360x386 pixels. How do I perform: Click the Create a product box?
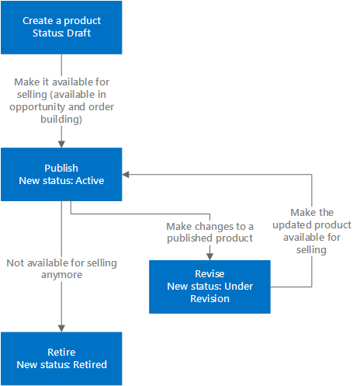tap(61, 26)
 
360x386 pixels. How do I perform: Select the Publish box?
tap(61, 175)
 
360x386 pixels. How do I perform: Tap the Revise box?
tap(209, 286)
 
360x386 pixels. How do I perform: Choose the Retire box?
tap(61, 358)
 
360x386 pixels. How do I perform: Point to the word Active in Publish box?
tap(88, 181)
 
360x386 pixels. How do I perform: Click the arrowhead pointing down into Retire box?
tap(61, 327)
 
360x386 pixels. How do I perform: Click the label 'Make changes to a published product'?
tap(209, 231)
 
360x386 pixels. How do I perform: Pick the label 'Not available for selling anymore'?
tap(61, 269)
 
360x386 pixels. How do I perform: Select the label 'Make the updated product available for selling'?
tap(313, 231)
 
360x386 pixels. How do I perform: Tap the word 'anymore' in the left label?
tap(61, 275)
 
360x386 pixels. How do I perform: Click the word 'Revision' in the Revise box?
tap(209, 298)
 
